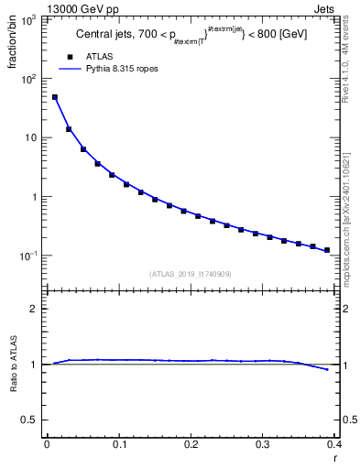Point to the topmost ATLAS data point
[54, 97]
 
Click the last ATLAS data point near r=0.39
[327, 250]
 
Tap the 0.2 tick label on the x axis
[191, 443]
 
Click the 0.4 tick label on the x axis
[334, 443]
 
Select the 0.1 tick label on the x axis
[118, 443]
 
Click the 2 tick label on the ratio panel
[35, 309]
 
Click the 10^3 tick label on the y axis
[28, 19]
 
